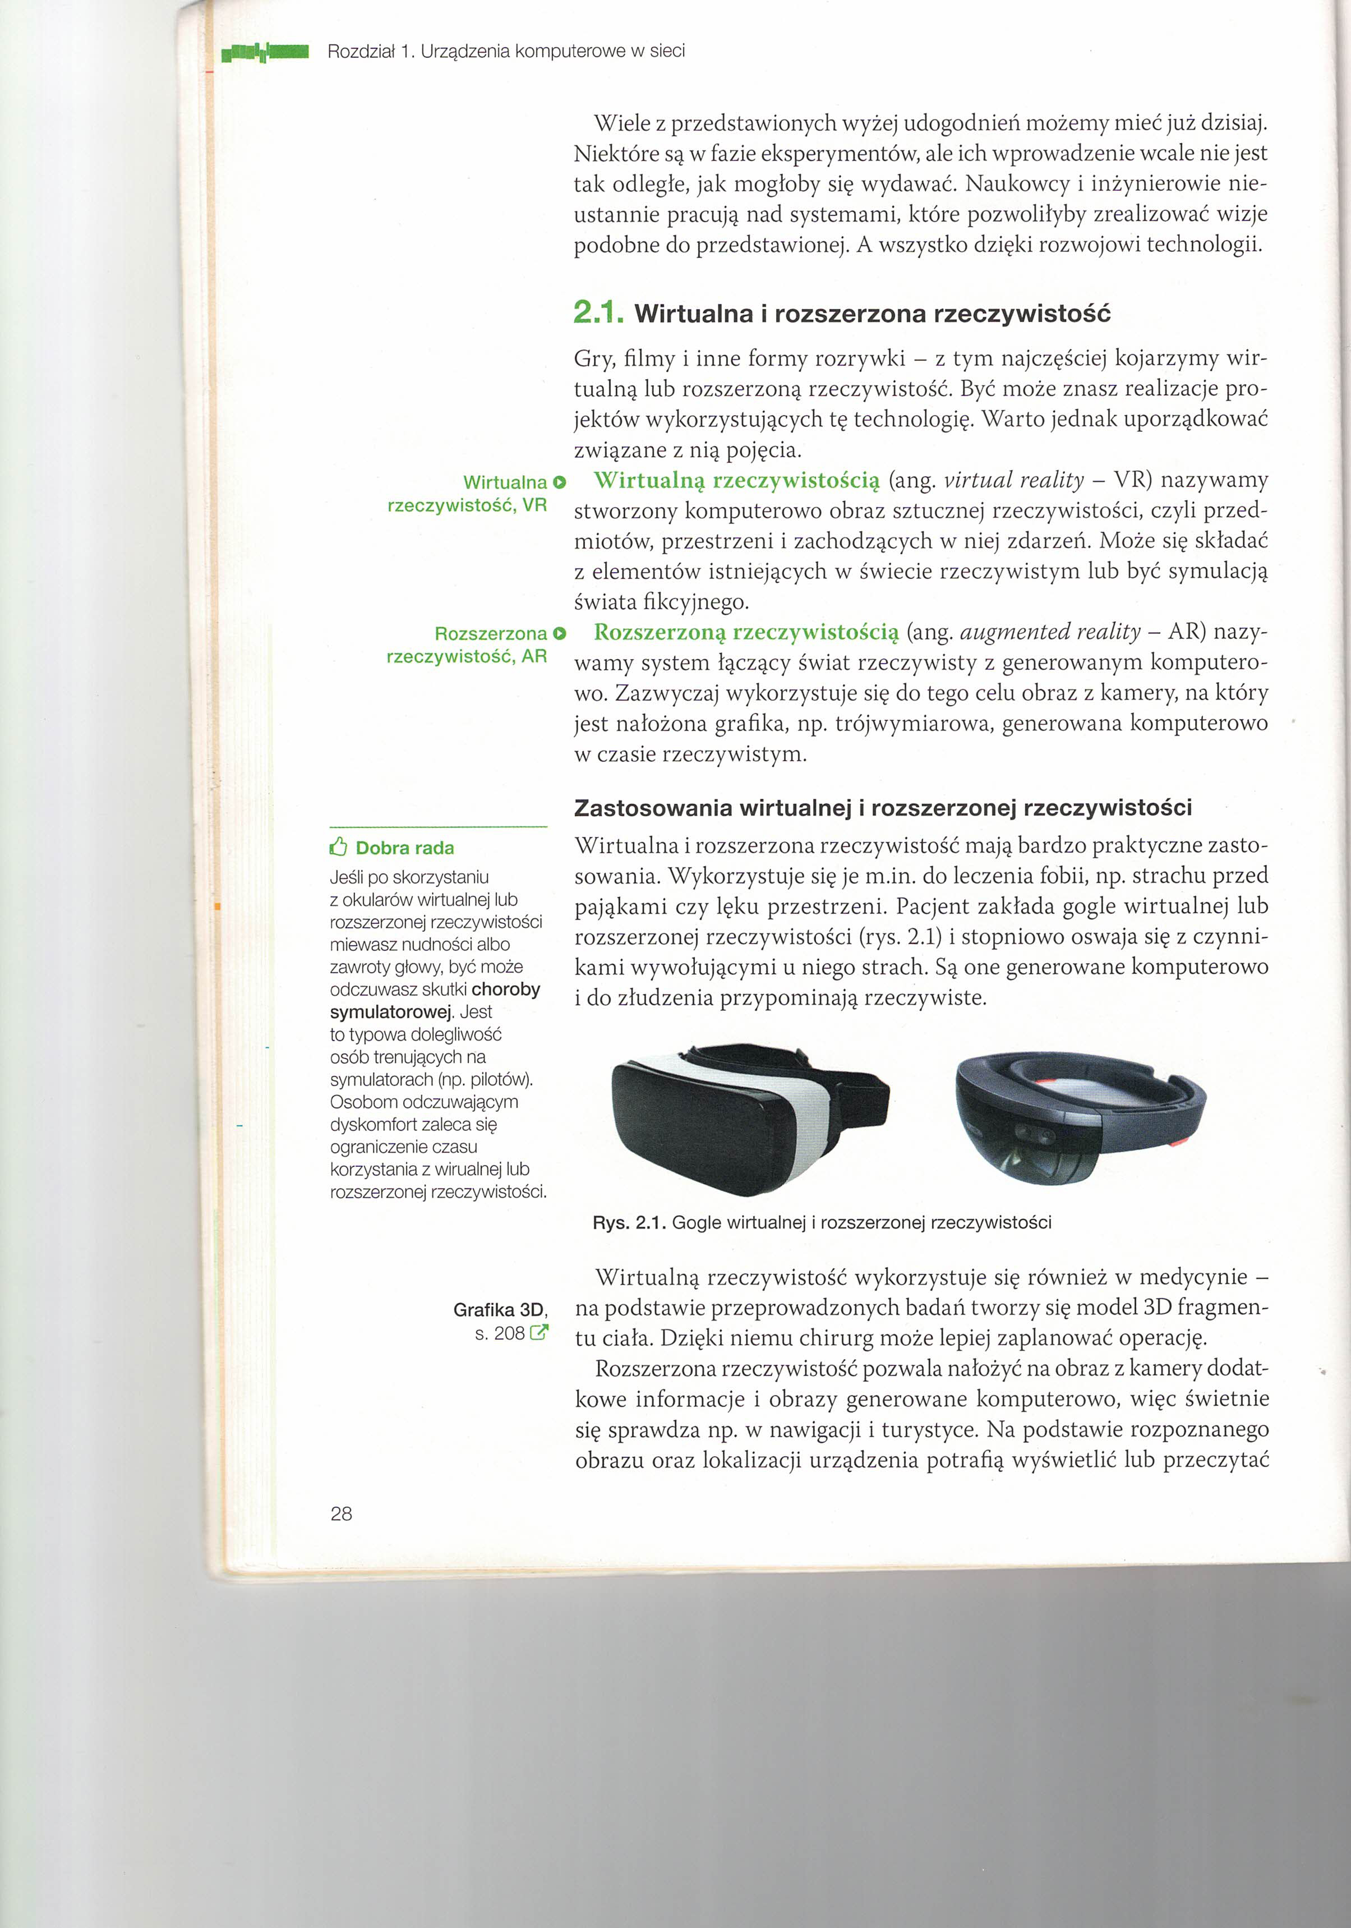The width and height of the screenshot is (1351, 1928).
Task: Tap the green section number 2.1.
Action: click(x=598, y=313)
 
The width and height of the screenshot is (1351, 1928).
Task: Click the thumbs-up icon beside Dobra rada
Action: click(x=338, y=846)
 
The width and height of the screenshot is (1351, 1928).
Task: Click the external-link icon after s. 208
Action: click(x=539, y=1333)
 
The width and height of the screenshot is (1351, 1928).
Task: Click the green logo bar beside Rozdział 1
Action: click(x=265, y=53)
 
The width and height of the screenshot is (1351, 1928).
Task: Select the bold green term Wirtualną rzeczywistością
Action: click(x=736, y=480)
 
